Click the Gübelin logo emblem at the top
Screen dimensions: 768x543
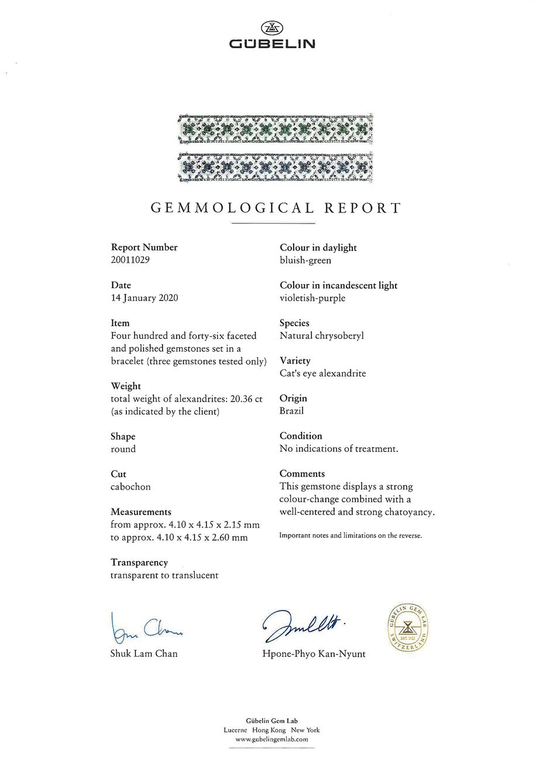(x=271, y=28)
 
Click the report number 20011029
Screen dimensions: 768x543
(x=130, y=260)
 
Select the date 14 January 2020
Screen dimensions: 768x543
(x=145, y=298)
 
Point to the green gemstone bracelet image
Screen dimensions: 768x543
(x=275, y=129)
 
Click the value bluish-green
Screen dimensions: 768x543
(x=305, y=260)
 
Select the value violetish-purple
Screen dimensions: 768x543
(x=312, y=298)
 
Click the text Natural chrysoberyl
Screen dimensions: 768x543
(x=322, y=336)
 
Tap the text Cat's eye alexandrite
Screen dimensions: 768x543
(x=323, y=373)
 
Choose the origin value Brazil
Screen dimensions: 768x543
(x=292, y=411)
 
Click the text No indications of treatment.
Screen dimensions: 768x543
(x=339, y=449)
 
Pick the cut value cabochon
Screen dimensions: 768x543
(x=130, y=486)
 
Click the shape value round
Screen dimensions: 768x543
(x=123, y=449)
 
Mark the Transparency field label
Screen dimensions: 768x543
(x=139, y=563)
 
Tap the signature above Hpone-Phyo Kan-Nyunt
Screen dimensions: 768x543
(x=303, y=627)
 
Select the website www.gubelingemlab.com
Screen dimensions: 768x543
(x=271, y=739)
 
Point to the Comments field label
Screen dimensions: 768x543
(x=302, y=474)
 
